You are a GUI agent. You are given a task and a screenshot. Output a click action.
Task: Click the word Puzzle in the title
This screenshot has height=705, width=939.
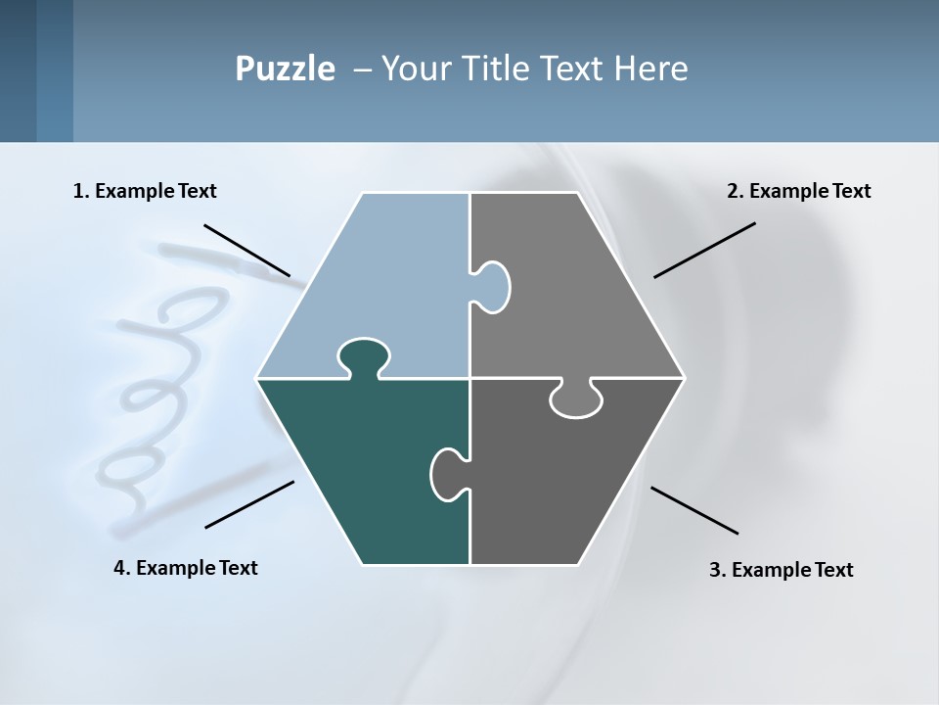coord(285,69)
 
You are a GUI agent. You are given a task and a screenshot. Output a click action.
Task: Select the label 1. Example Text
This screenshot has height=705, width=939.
coord(145,191)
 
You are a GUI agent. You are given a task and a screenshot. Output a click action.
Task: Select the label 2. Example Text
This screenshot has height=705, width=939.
coord(798,191)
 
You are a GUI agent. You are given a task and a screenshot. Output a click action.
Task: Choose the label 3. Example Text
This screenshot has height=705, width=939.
coord(781,570)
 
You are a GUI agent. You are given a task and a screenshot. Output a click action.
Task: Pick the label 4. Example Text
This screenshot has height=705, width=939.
coord(186,568)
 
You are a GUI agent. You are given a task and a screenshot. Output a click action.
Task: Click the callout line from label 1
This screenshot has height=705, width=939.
coord(246,250)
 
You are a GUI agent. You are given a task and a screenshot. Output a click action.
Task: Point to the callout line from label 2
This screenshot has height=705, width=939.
coord(704,250)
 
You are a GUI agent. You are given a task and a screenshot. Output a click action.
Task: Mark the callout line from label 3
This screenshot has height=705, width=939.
coord(694,510)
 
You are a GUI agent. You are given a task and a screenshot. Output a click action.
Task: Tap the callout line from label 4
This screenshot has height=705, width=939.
coord(249,504)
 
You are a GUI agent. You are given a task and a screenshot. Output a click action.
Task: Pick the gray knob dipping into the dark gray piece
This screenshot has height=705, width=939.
coord(577,399)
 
